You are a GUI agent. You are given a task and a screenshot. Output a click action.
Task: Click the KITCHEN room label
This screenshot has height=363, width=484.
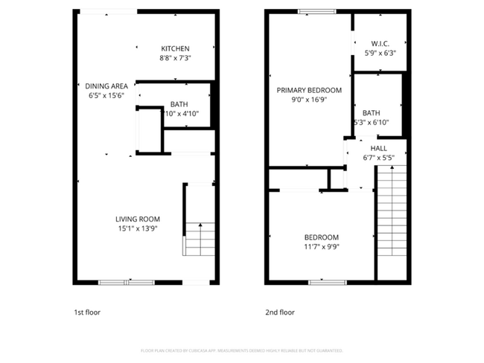coord(174,48)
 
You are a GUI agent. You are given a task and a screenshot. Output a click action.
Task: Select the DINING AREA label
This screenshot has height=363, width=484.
coord(106,86)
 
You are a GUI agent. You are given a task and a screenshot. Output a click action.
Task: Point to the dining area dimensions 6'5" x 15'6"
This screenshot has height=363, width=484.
coord(106,95)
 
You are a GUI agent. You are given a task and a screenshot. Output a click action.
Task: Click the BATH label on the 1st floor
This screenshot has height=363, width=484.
coord(179,104)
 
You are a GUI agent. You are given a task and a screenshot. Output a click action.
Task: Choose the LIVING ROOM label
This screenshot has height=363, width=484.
coord(138,219)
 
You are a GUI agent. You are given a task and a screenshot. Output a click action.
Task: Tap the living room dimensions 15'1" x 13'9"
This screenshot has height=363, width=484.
coord(138,228)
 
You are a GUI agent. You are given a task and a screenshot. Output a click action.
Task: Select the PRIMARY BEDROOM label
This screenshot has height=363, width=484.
coord(309,90)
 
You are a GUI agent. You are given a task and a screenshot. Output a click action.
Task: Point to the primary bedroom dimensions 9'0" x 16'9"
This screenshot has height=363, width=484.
coord(309,100)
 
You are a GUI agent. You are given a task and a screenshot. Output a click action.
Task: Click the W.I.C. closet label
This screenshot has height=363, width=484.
coord(380,44)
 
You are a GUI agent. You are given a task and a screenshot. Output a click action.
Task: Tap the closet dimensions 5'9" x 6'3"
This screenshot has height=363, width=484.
coord(380,54)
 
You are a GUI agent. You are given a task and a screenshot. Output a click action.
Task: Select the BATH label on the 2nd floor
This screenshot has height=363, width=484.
coord(371,113)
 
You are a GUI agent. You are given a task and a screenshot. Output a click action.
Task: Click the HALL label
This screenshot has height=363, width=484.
coord(378,148)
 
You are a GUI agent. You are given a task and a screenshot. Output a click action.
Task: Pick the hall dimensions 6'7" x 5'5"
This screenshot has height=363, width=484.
coord(378,158)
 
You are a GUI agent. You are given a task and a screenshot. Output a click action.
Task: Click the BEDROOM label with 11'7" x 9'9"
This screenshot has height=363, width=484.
coord(321,237)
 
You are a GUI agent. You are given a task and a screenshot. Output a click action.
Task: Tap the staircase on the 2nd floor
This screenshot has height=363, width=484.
coord(392,223)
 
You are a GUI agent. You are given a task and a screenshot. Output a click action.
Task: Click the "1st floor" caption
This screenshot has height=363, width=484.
coord(86,312)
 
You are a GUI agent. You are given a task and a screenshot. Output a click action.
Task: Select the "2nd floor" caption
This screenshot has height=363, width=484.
coord(280,312)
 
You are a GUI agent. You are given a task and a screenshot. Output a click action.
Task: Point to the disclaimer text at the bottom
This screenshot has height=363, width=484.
coord(241,350)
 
